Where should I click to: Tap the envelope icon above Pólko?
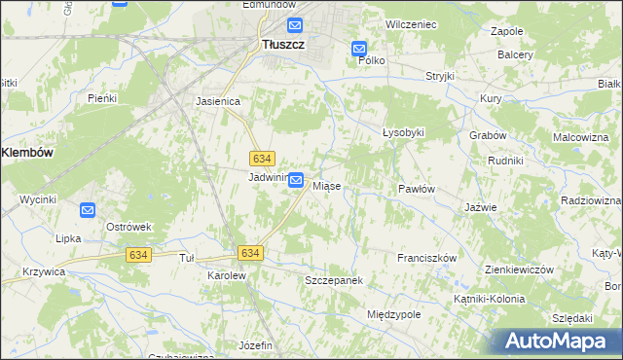(x=359, y=48)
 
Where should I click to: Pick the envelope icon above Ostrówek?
(x=88, y=209)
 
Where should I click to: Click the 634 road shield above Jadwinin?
(x=261, y=158)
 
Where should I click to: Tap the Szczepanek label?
(x=334, y=280)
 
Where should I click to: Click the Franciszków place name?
(x=426, y=258)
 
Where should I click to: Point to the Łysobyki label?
(x=403, y=132)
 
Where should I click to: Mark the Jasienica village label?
(x=218, y=100)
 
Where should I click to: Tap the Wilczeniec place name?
(x=409, y=22)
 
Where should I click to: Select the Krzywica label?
(x=44, y=272)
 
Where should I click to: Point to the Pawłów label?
(x=416, y=189)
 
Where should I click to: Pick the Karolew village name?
(x=226, y=275)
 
